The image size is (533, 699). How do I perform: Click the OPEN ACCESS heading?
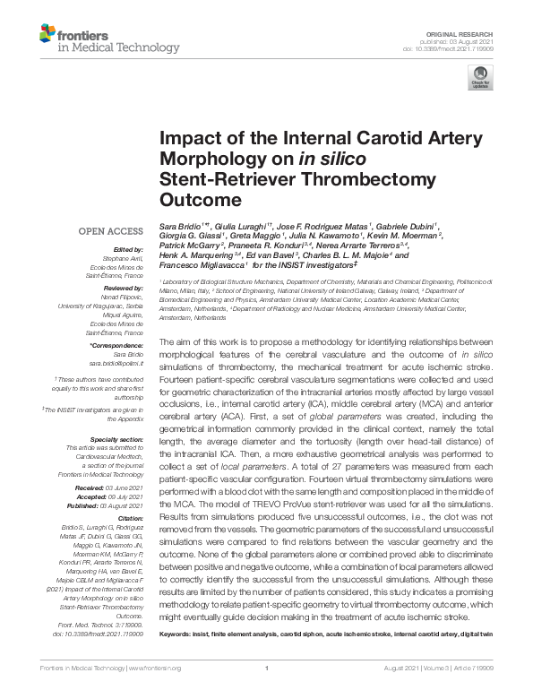tap(109, 231)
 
